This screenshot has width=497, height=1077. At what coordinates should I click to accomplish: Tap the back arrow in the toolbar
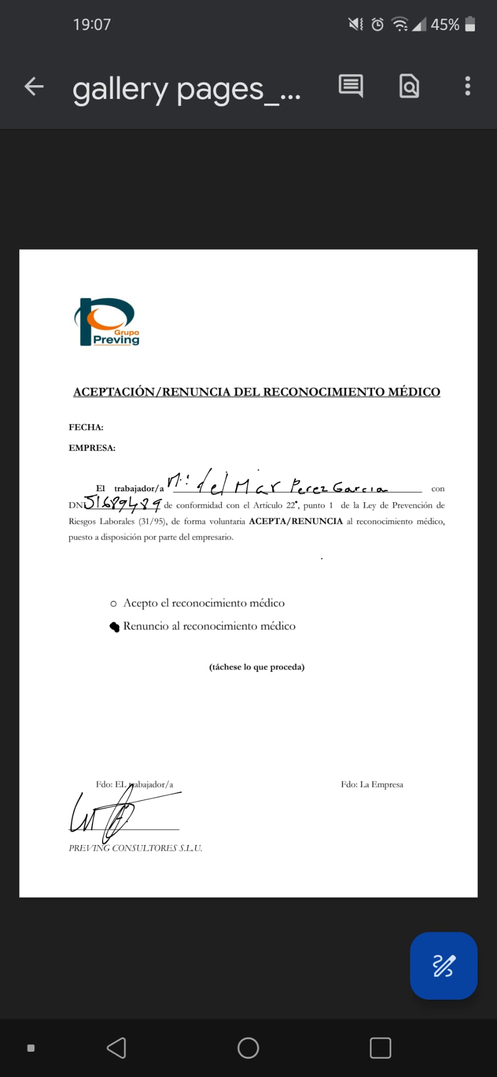click(34, 86)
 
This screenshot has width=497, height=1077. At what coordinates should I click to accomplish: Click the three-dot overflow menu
click(467, 86)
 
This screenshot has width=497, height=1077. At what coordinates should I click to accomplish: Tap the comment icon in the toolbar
click(351, 86)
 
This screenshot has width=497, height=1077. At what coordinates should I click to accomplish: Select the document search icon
click(409, 86)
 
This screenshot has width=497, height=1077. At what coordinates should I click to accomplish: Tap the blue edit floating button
click(443, 966)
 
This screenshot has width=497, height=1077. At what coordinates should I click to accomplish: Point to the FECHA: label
click(86, 427)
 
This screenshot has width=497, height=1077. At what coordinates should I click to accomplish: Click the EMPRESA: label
click(92, 448)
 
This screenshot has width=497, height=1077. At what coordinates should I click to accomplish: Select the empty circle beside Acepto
click(114, 604)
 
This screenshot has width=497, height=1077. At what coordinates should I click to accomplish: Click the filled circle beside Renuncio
click(114, 627)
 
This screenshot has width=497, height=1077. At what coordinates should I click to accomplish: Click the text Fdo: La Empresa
click(372, 784)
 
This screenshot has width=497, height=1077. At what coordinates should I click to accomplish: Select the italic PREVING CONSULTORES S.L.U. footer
click(135, 848)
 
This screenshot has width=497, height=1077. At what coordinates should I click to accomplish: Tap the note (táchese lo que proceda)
click(257, 667)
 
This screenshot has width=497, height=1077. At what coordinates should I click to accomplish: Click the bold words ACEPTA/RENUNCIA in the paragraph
click(296, 521)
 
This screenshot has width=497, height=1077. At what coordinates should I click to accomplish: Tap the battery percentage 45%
click(445, 25)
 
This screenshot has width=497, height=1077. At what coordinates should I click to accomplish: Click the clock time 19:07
click(92, 25)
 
